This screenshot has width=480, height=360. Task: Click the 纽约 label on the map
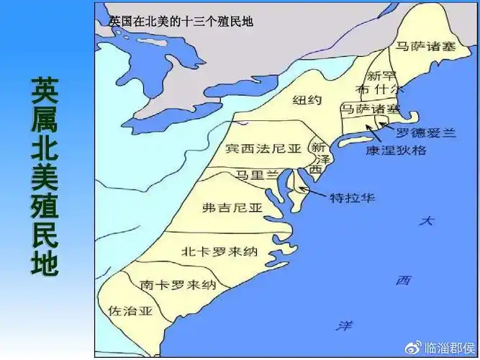point(308,100)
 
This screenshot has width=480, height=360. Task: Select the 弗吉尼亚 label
point(232,207)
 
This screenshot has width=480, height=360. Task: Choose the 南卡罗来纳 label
point(178,284)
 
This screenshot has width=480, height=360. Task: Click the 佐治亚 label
point(131,310)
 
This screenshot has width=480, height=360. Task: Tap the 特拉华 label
point(352,197)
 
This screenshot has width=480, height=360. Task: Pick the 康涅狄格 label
point(396,150)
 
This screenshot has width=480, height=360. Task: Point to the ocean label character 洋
point(344,326)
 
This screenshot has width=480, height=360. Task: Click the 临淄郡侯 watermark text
point(447,348)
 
